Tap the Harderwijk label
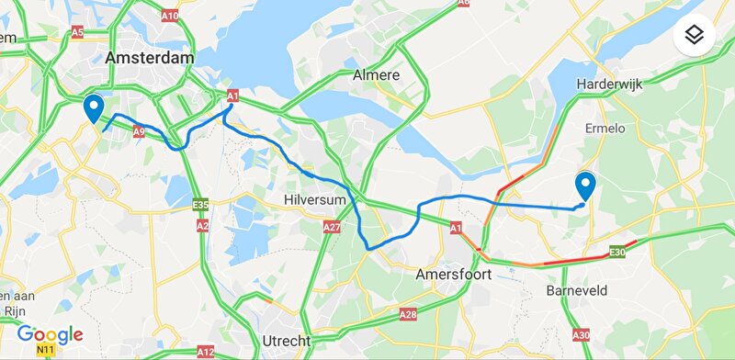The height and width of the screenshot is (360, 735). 609,84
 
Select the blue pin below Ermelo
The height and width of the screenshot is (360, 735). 584,186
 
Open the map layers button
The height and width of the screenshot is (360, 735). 695,36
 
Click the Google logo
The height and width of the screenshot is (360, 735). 50,334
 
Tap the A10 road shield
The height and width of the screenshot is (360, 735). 170,17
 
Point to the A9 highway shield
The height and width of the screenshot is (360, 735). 141,130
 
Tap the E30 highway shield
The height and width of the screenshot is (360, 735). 617,251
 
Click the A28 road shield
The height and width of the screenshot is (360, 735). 407,315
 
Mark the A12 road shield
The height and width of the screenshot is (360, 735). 205,352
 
